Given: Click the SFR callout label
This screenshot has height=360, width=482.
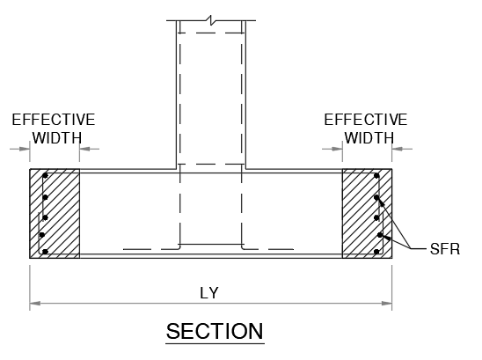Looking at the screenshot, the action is (445, 249).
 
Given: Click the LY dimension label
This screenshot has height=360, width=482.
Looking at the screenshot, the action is (209, 293).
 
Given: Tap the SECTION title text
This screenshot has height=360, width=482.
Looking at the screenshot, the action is (215, 331).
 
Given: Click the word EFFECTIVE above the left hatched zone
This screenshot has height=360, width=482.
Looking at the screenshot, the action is (54, 120).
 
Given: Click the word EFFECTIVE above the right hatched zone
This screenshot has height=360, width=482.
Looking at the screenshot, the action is (366, 120).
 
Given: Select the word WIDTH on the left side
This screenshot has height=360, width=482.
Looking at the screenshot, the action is (57, 138).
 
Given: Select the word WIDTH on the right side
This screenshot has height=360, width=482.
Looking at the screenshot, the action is (369, 138).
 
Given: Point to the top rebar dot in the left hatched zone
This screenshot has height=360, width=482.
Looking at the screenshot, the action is (45, 176).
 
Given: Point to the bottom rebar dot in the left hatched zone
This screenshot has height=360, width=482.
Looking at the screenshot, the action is (45, 252).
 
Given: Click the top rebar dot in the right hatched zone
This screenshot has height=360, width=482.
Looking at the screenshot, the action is (376, 176).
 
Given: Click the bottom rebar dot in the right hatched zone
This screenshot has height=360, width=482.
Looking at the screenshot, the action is (376, 252).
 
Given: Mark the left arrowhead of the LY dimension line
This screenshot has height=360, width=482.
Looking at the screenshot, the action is (34, 304).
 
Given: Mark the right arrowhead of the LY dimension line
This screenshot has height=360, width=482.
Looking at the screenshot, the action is (387, 304).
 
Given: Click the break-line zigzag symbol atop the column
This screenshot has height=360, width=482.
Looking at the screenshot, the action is (211, 20).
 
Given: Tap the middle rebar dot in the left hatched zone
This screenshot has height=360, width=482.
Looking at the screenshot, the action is (45, 217).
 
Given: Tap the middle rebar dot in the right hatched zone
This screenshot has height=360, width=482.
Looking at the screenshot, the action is (376, 217).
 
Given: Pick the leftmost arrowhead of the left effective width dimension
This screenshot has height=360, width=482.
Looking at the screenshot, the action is (25, 149).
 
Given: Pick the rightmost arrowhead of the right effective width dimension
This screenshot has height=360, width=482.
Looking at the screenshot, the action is (398, 149).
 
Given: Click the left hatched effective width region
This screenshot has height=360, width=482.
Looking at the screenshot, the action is (55, 214).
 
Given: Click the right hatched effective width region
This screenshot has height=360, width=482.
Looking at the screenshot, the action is (367, 214).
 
